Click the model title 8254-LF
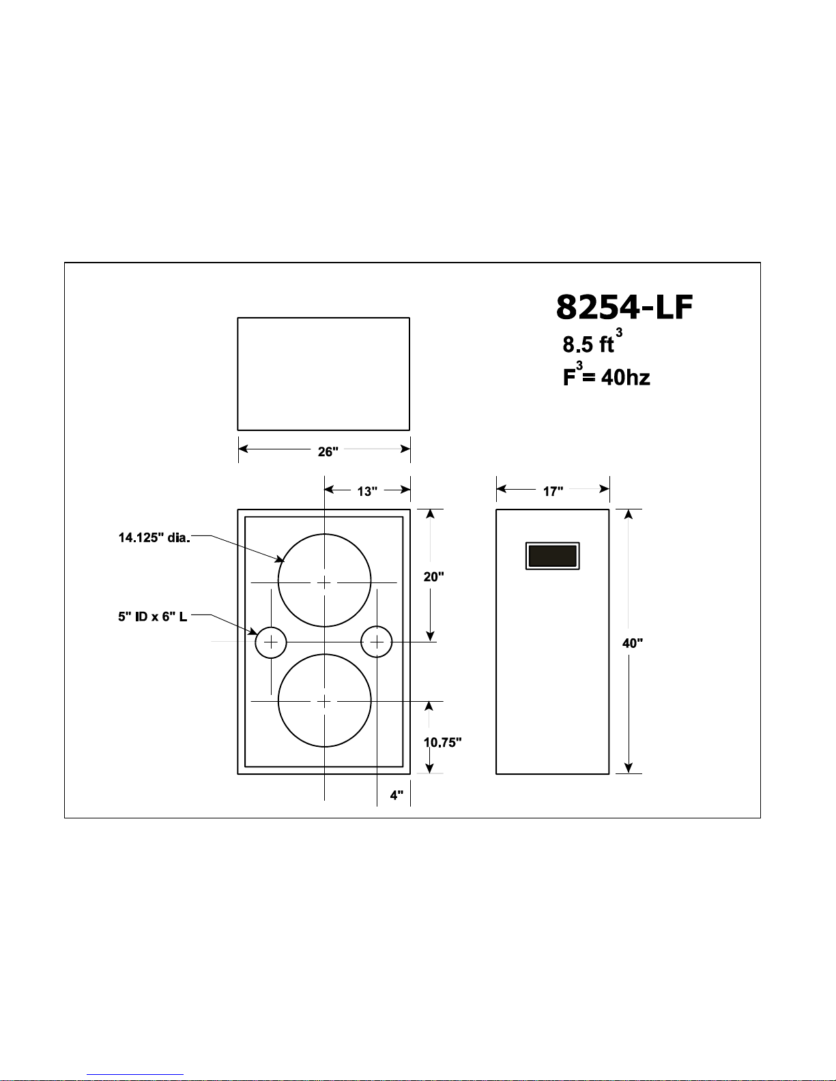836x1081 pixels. (x=624, y=307)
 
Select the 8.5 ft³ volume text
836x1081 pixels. (x=592, y=342)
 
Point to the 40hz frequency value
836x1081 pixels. (x=626, y=378)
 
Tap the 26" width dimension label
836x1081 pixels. (x=328, y=451)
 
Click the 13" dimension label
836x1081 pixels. (x=367, y=492)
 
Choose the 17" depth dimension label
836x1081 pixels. (x=553, y=492)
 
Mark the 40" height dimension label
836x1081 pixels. (x=633, y=643)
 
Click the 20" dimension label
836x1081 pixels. (x=433, y=576)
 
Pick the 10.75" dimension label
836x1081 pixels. (x=442, y=742)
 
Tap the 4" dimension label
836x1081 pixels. (x=397, y=795)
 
